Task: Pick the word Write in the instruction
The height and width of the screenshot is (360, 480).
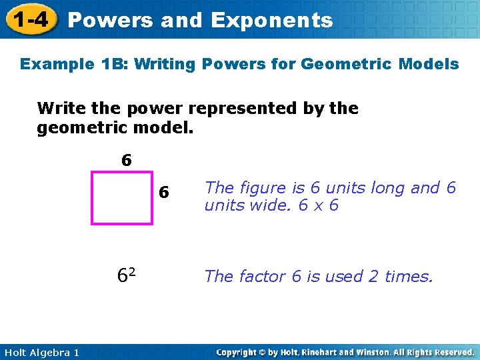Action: (x=57, y=108)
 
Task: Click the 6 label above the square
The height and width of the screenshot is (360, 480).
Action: (x=126, y=161)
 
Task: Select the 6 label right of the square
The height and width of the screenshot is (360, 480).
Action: (x=164, y=193)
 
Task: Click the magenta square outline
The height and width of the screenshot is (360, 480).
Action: (x=92, y=198)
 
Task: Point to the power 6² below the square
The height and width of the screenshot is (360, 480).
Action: (x=127, y=275)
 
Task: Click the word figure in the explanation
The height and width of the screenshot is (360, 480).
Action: (x=258, y=188)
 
